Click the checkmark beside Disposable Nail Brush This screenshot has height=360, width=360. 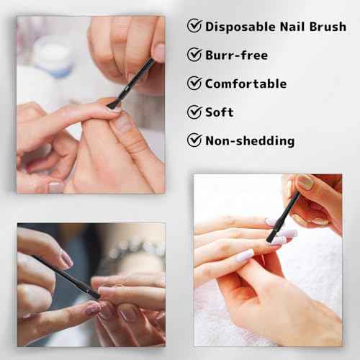(x=194, y=26)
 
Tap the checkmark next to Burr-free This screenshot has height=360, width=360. (x=194, y=55)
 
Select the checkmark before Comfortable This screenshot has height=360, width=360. (x=194, y=84)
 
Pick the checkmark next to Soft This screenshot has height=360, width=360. (x=194, y=112)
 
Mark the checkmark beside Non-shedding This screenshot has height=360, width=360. (x=194, y=140)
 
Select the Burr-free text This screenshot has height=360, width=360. (x=236, y=55)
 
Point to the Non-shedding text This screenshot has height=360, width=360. (x=249, y=140)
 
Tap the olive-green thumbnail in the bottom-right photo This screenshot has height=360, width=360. (x=305, y=183)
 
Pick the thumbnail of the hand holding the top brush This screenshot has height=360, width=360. (x=158, y=52)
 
